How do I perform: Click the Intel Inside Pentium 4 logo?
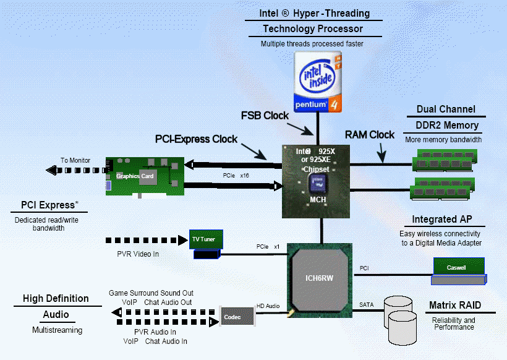[x=317, y=81]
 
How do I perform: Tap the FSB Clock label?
[x=265, y=116]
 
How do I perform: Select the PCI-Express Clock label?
[x=196, y=139]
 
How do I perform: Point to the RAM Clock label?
[x=369, y=135]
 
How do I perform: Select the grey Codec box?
[x=238, y=317]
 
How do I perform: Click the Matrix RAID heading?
[x=455, y=306]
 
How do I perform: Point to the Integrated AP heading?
[x=448, y=220]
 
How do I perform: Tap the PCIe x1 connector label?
[x=267, y=246]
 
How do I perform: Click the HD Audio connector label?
[x=268, y=306]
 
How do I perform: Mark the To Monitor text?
[x=75, y=160]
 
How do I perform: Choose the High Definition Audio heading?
[x=56, y=307]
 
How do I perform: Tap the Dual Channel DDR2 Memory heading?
[x=446, y=118]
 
